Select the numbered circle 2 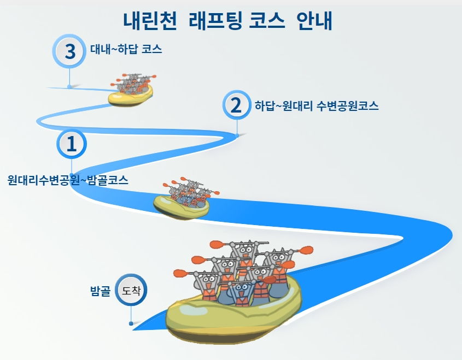pyautogui.click(x=236, y=104)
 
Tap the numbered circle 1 pyautogui.click(x=72, y=144)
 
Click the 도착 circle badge pyautogui.click(x=131, y=290)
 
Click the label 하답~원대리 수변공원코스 pyautogui.click(x=317, y=105)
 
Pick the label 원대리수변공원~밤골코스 pyautogui.click(x=68, y=180)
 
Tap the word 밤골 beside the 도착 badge pyautogui.click(x=101, y=290)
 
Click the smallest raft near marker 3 pyautogui.click(x=131, y=90)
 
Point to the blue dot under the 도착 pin pyautogui.click(x=131, y=323)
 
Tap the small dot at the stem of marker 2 pyautogui.click(x=237, y=134)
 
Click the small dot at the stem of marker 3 pyautogui.click(x=69, y=86)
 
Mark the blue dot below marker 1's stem pyautogui.click(x=72, y=174)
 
